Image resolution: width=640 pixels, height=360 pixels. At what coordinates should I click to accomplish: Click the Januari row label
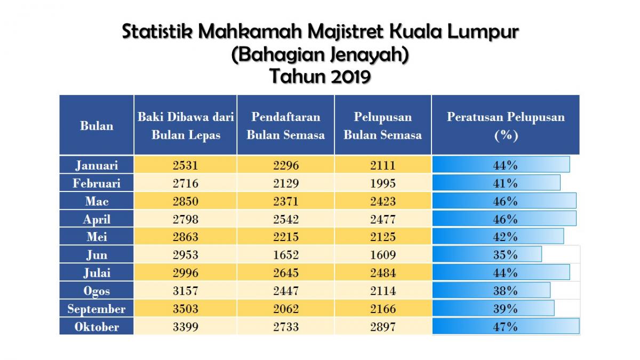click(97, 165)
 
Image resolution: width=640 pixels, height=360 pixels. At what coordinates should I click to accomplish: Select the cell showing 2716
click(185, 183)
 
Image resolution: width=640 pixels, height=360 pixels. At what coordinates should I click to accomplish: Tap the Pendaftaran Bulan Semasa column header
click(285, 125)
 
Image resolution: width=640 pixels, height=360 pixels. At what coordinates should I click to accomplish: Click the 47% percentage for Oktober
click(505, 327)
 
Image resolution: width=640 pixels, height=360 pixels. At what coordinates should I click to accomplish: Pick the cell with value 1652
click(285, 255)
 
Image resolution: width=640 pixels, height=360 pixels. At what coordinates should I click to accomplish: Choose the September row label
click(97, 309)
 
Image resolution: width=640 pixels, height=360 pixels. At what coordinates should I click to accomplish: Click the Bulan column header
click(97, 126)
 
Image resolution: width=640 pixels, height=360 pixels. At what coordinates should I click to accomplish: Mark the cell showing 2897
click(382, 327)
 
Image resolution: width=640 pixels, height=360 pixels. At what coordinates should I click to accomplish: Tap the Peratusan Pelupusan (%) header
click(505, 125)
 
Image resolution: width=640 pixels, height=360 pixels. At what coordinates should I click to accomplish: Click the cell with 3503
click(185, 309)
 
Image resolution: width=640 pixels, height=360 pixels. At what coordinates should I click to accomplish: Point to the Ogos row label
click(97, 291)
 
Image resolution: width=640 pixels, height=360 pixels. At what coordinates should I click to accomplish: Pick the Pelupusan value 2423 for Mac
click(382, 201)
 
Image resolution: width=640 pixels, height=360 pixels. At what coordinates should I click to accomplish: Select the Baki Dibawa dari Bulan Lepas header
click(185, 125)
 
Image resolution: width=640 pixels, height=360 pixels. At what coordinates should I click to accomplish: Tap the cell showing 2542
click(285, 219)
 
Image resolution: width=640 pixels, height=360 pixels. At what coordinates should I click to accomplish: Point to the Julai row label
click(97, 273)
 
